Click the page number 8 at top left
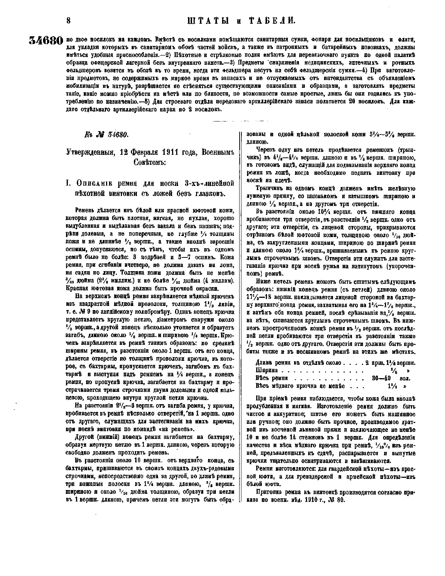[68, 21]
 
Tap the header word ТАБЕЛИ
[270, 21]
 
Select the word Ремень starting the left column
[86, 210]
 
